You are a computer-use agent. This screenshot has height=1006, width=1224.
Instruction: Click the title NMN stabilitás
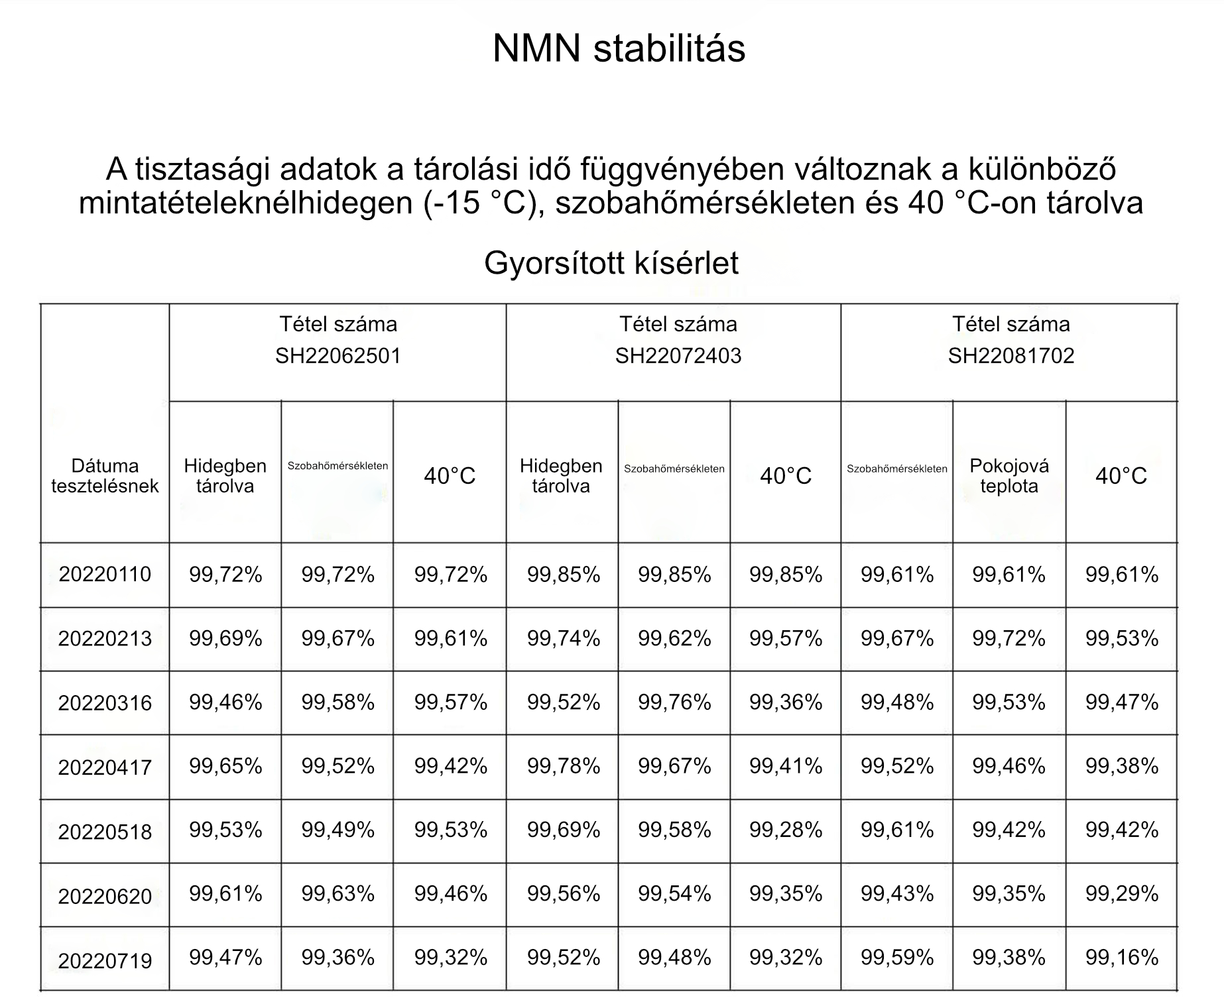tap(619, 48)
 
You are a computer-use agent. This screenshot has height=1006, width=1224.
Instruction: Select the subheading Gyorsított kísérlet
tap(611, 263)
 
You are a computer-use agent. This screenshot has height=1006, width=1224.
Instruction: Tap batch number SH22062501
tap(338, 356)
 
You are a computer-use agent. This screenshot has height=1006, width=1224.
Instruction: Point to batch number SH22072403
tap(678, 356)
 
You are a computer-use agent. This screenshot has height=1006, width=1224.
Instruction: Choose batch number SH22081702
tap(1010, 356)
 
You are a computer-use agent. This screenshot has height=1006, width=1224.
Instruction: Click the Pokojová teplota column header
tap(1009, 476)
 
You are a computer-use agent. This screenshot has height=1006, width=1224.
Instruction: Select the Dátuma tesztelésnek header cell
tap(105, 476)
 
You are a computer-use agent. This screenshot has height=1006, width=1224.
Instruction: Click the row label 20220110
tap(105, 574)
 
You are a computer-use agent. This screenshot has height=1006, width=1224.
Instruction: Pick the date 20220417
tap(105, 767)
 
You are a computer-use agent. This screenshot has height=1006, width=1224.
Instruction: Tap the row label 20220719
tap(105, 960)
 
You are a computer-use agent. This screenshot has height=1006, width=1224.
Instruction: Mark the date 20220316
tap(105, 703)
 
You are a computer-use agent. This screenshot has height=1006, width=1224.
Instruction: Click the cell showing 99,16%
tap(1121, 957)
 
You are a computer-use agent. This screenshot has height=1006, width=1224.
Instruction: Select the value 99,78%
tap(563, 766)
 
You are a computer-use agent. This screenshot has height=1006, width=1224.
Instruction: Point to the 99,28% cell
tap(786, 830)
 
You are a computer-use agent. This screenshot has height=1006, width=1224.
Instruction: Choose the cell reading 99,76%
tap(674, 702)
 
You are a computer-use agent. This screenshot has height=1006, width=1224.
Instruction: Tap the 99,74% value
tap(563, 638)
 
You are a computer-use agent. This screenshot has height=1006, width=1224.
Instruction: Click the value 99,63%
tap(337, 893)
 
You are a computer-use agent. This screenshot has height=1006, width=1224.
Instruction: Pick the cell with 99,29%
tap(1121, 893)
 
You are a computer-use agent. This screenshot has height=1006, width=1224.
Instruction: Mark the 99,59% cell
tap(897, 957)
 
